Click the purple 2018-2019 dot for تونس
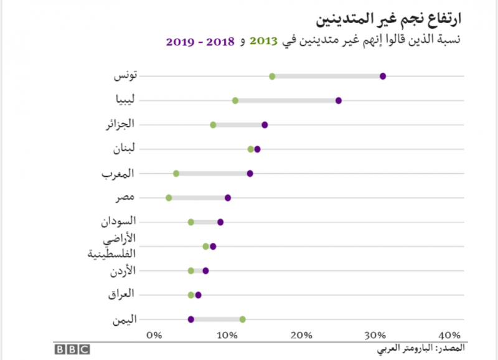tap(383, 76)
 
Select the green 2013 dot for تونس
tap(272, 76)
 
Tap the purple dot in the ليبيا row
tap(339, 100)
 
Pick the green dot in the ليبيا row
tap(235, 100)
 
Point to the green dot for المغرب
tap(176, 173)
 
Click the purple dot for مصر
tap(228, 197)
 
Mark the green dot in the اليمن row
tap(243, 320)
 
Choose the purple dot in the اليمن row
tap(191, 320)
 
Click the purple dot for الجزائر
tap(265, 125)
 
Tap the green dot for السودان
tap(191, 222)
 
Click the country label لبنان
tap(124, 148)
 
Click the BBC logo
tap(71, 349)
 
